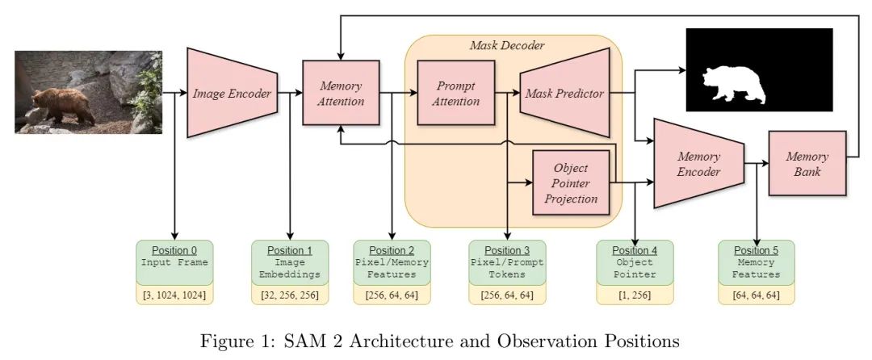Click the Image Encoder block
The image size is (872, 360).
(232, 94)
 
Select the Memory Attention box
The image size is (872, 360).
(341, 93)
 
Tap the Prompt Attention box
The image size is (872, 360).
(455, 93)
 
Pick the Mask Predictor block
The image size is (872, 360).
(565, 94)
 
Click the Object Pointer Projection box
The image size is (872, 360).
(571, 183)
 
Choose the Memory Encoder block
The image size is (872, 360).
(698, 164)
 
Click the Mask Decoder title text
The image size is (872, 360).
(507, 45)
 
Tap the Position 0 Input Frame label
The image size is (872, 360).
(174, 257)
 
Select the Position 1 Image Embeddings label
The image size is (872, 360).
(290, 262)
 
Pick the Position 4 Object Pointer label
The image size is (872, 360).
(635, 262)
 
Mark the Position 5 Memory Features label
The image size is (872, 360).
(757, 262)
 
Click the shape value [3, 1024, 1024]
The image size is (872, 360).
(174, 295)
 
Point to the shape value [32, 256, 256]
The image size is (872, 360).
(290, 295)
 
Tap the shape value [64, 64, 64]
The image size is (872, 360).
(757, 295)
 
